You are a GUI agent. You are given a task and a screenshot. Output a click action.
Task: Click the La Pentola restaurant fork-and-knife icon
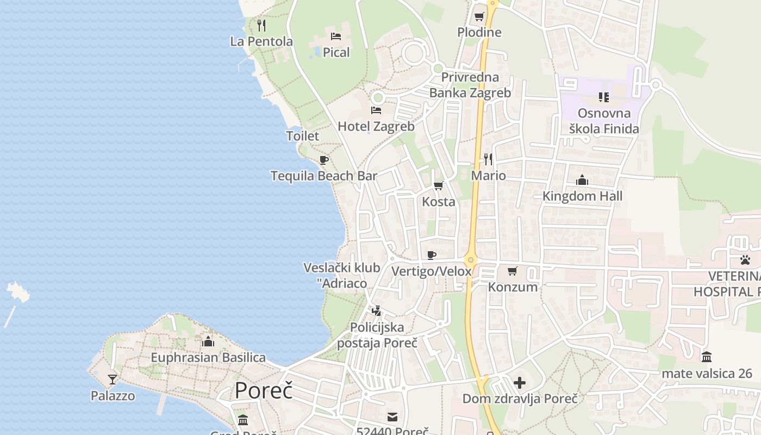point(261,25)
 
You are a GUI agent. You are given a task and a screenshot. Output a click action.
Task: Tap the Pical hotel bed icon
point(336,36)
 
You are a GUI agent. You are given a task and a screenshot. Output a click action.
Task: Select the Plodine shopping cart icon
point(479,16)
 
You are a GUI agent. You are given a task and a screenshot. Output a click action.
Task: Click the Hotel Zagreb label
point(376,127)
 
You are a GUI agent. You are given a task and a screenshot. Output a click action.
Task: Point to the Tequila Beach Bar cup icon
point(324,160)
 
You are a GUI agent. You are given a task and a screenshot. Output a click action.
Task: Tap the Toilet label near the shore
point(303,136)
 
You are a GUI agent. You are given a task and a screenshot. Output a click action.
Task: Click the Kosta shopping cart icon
point(439,185)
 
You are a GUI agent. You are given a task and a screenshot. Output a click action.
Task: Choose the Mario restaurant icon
point(488,159)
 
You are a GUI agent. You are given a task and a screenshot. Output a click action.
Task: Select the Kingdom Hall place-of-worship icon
point(582,180)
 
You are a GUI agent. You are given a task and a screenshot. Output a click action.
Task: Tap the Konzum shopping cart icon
point(512,271)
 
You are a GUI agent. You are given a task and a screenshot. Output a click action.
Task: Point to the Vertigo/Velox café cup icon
point(432,255)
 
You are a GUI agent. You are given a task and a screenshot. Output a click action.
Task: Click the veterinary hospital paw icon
point(744,260)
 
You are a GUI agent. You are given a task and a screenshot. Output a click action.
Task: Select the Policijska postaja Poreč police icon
point(376,311)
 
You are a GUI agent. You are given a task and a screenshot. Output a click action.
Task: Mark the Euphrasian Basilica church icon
point(208,341)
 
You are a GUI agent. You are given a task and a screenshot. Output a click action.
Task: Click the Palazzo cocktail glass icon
point(113,379)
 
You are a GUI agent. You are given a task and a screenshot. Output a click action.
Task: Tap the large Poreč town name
point(264,391)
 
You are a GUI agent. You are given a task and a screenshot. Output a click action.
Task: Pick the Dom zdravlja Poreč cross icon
point(520,383)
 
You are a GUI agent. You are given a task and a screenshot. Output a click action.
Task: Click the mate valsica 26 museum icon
point(707,357)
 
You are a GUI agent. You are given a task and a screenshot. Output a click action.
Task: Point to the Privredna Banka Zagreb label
point(470,85)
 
